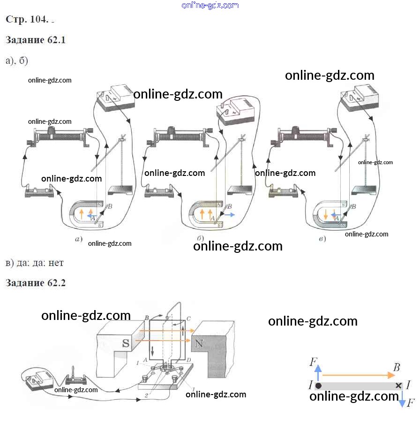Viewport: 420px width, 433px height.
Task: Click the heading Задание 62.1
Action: click(36, 40)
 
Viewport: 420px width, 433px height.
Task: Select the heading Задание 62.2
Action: click(36, 283)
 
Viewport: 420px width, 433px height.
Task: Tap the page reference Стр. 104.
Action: click(27, 19)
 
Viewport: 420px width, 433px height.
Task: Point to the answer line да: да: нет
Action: click(34, 263)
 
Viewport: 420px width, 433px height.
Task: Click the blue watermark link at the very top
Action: click(210, 5)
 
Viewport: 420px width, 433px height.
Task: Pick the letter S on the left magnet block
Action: click(125, 343)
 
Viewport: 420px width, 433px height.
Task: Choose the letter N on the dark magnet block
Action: click(199, 343)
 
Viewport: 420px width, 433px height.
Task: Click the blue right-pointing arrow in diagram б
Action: click(229, 214)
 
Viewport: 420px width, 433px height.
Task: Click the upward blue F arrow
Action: click(318, 373)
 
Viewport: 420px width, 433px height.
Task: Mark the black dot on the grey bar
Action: click(318, 386)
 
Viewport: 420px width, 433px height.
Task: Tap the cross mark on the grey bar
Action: click(398, 386)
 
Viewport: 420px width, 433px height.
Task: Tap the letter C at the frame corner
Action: click(188, 319)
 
